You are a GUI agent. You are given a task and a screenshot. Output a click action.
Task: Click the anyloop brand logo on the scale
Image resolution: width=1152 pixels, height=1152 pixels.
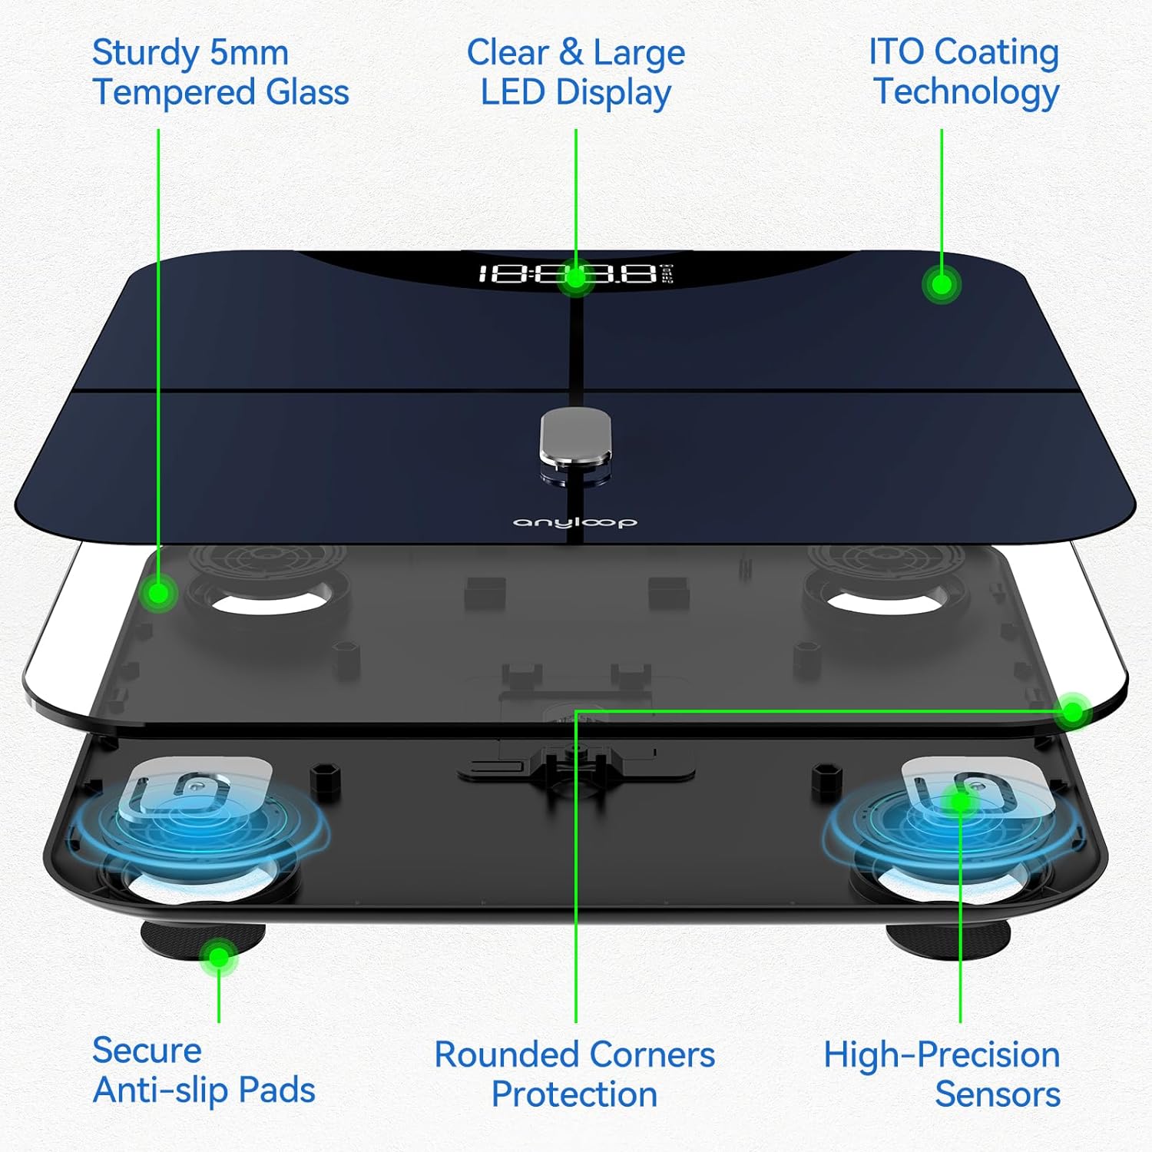pyautogui.click(x=574, y=522)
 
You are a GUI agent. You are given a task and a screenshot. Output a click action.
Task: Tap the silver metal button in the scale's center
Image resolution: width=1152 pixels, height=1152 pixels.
pyautogui.click(x=576, y=438)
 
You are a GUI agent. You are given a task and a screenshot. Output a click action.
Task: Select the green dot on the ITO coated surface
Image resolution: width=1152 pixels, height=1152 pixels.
pyautogui.click(x=942, y=285)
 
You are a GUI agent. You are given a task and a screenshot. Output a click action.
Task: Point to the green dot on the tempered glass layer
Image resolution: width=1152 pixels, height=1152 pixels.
pyautogui.click(x=160, y=593)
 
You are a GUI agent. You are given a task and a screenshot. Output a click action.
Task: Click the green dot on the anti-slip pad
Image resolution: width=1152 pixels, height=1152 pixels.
pyautogui.click(x=219, y=957)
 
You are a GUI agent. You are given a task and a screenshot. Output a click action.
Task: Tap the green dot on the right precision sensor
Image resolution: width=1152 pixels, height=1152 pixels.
pyautogui.click(x=960, y=802)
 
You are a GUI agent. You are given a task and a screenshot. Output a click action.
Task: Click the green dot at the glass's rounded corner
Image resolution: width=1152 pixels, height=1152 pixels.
pyautogui.click(x=1073, y=712)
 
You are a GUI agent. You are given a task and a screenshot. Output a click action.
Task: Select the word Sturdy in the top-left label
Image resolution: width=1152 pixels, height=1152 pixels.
pyautogui.click(x=146, y=54)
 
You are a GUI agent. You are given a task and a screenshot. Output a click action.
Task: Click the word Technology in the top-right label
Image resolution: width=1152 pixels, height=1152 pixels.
pyautogui.click(x=966, y=92)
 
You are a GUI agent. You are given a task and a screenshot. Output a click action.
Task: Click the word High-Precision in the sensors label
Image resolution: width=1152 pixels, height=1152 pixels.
pyautogui.click(x=942, y=1054)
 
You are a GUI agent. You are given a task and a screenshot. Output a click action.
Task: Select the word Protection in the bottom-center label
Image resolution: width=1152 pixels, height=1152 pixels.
pyautogui.click(x=574, y=1094)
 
